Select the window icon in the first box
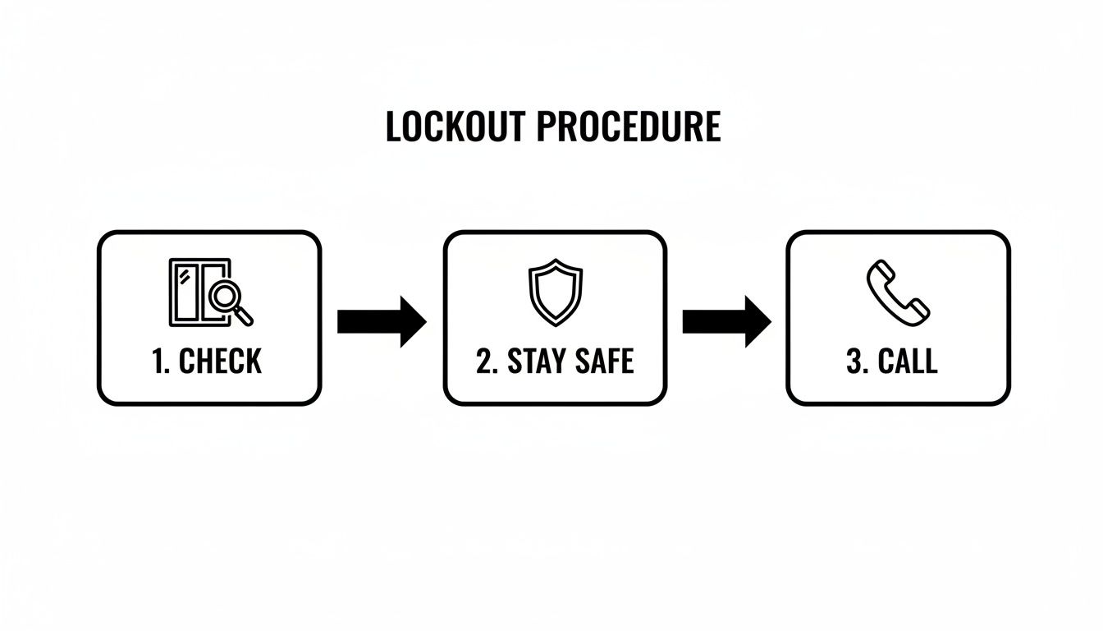[190, 292]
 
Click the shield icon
[555, 292]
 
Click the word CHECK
[220, 362]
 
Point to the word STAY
[537, 362]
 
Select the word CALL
[908, 362]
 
